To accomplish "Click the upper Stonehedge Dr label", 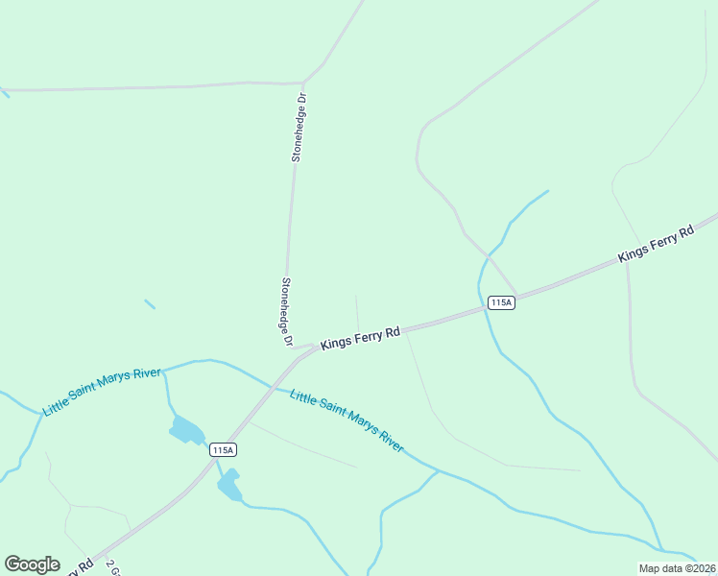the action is coord(299,127).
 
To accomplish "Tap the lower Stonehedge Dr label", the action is coord(285,312).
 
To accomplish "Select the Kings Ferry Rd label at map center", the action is coord(360,338).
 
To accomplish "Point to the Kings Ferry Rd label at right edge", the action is coord(656,243).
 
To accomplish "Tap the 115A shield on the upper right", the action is coord(501,302).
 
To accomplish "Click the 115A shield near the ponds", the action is coord(222,449).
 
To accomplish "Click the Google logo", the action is coord(32,564).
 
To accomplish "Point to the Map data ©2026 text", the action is coord(677,567).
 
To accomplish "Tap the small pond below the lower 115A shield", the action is coord(229,487).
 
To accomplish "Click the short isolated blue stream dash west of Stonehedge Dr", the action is coord(150,304).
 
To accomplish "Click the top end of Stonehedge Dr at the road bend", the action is coord(303,83).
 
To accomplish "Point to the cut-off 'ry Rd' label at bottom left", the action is coord(78,567).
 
